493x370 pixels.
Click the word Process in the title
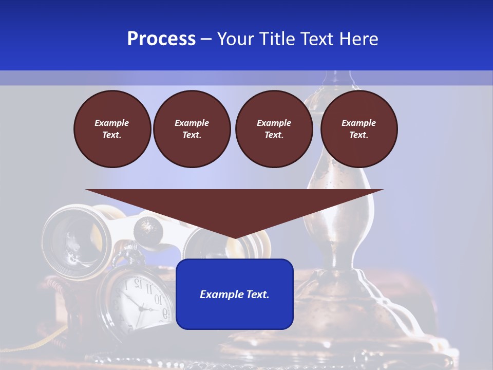pos(161,39)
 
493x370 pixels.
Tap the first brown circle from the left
pos(112,128)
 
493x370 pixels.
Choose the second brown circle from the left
pos(192,128)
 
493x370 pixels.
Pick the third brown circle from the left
pos(274,128)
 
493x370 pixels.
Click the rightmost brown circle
pos(359,128)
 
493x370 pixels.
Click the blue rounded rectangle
pos(235,313)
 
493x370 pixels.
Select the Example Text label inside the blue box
pos(235,294)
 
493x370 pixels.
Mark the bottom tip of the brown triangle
pos(235,237)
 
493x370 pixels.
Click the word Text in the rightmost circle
pos(358,135)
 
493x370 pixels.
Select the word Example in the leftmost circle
pos(112,123)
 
